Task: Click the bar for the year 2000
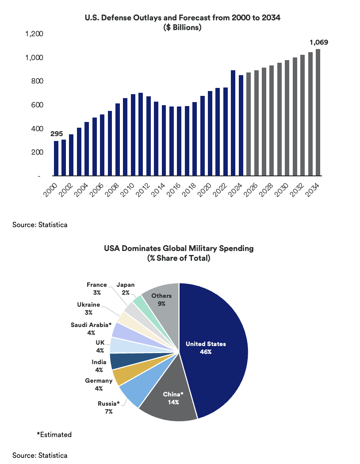pyautogui.click(x=56, y=158)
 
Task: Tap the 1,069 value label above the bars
pyautogui.click(x=318, y=42)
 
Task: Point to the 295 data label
pyautogui.click(x=56, y=134)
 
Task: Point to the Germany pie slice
pyautogui.click(x=121, y=377)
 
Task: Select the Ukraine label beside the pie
pyautogui.click(x=88, y=304)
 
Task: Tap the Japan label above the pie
pyautogui.click(x=126, y=285)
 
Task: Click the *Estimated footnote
pyautogui.click(x=54, y=434)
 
